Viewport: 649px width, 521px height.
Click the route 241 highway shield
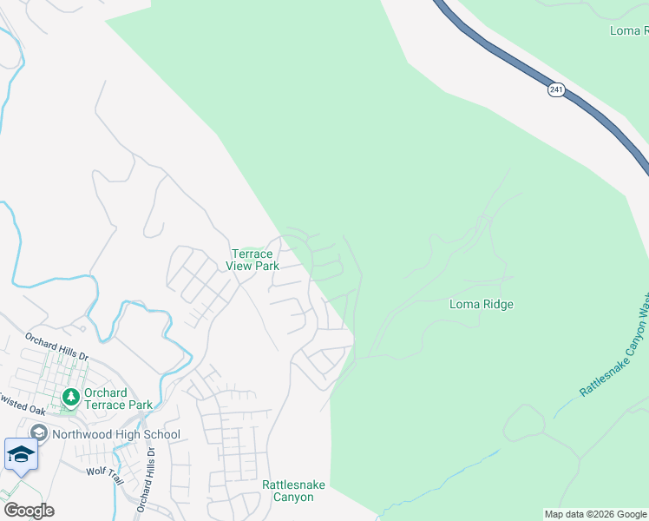[555, 89]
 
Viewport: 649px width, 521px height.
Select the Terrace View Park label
[252, 260]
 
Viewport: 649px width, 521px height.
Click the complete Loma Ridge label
[481, 304]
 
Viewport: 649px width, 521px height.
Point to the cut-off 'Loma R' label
[629, 30]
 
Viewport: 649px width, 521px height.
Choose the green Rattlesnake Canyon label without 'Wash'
[288, 491]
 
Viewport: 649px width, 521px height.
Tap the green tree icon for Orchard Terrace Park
[70, 399]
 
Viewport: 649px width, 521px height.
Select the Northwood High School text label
[115, 434]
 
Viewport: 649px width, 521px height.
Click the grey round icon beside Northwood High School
[38, 433]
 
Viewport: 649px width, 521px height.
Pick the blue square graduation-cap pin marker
[20, 455]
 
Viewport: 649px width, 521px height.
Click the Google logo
[28, 511]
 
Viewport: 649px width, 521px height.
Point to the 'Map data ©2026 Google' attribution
[595, 514]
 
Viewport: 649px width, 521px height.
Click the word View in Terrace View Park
[240, 266]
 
